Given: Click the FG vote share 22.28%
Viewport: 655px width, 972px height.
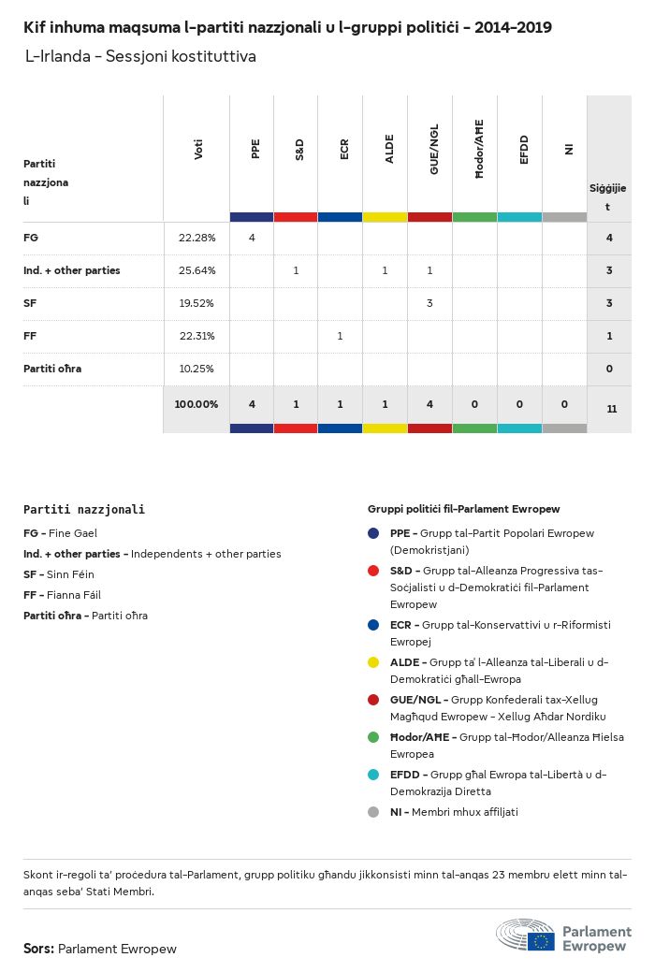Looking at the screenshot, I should pyautogui.click(x=196, y=238).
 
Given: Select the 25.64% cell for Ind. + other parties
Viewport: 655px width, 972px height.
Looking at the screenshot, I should pyautogui.click(x=196, y=270).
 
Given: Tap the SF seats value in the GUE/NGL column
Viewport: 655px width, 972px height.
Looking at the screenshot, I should pyautogui.click(x=429, y=303).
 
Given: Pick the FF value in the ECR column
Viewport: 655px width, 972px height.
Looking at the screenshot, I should pyautogui.click(x=340, y=336).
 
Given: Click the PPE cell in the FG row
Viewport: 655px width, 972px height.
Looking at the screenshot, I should pyautogui.click(x=252, y=238).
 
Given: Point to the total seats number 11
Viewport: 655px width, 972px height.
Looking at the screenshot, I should pyautogui.click(x=611, y=409).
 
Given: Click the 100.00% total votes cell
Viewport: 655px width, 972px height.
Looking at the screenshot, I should pyautogui.click(x=196, y=404).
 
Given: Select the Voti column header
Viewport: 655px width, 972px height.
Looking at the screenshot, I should pyautogui.click(x=198, y=150).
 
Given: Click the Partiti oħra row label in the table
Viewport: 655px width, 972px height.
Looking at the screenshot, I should pyautogui.click(x=52, y=369).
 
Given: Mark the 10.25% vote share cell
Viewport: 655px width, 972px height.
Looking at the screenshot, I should pyautogui.click(x=196, y=369).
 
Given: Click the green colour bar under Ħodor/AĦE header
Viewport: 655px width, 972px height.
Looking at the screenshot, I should pyautogui.click(x=474, y=217).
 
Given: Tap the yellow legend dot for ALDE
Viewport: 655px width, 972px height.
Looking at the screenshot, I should pyautogui.click(x=374, y=663).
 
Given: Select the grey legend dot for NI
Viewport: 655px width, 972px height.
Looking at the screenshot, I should pyautogui.click(x=374, y=812).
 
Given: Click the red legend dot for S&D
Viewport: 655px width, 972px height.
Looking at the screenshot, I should pyautogui.click(x=374, y=571).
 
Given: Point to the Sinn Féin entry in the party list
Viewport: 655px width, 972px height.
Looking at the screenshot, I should pyautogui.click(x=59, y=574).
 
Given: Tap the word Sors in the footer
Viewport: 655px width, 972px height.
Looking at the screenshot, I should pyautogui.click(x=38, y=949).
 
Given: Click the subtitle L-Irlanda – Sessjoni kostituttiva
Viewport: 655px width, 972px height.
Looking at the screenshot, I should pyautogui.click(x=140, y=57).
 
